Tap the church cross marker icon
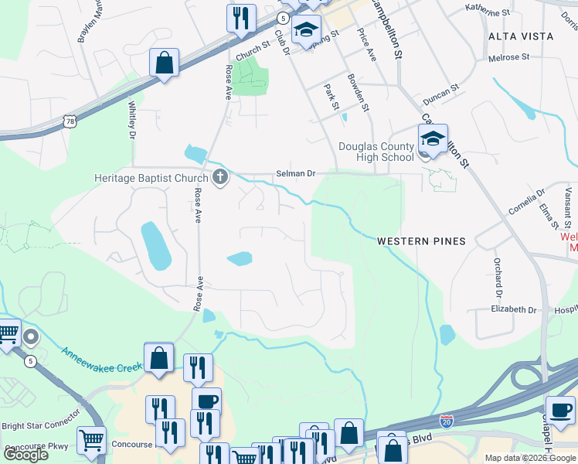coord(220,178)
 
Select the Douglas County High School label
coord(376,152)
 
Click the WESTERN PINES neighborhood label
coord(421,241)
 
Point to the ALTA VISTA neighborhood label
coord(521,36)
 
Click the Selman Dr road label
coord(296,174)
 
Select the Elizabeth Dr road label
coord(513,309)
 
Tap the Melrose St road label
coord(508,57)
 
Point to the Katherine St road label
coord(488,11)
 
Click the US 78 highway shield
coord(70,121)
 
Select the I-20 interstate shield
coord(446,420)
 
